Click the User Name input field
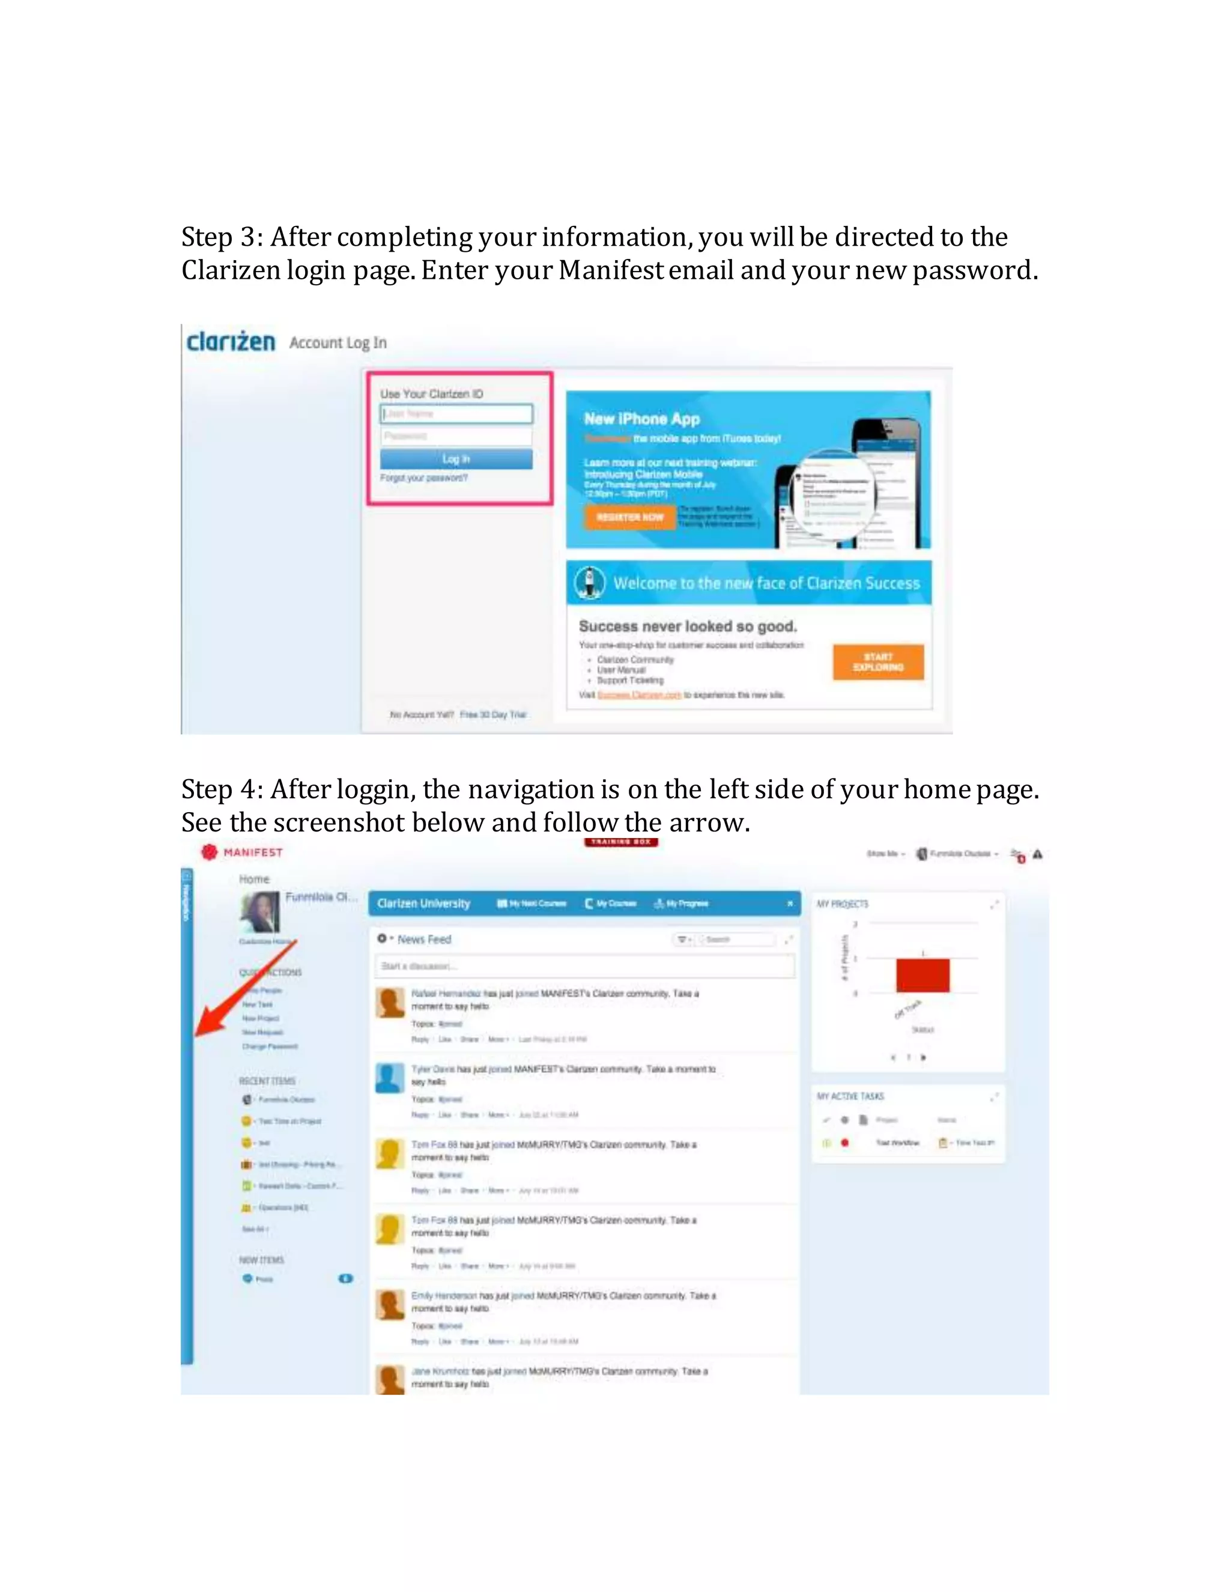pos(457,414)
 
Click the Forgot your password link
pos(423,478)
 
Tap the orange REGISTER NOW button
pos(629,517)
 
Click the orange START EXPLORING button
pos(878,662)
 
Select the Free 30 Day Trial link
pos(492,714)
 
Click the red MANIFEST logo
pos(242,852)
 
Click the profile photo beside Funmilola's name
pos(260,912)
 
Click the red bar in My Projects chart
pos(922,975)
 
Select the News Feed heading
pos(424,940)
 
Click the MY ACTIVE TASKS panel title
pos(850,1096)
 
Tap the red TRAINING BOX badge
pos(621,842)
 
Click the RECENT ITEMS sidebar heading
pos(267,1081)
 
